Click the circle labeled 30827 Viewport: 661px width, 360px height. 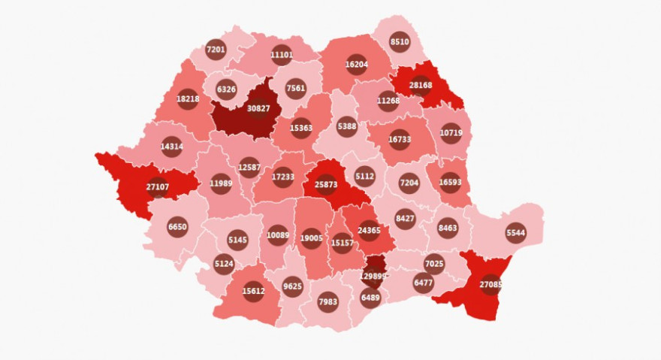[x=258, y=109]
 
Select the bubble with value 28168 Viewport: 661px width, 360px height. [x=421, y=86]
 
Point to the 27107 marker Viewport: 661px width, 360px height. [x=158, y=186]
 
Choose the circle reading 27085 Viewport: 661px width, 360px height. [x=490, y=285]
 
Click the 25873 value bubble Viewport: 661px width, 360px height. [x=326, y=184]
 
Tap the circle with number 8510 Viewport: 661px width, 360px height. [x=400, y=42]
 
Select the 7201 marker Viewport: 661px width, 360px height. [x=216, y=50]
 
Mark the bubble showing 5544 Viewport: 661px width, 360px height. [x=515, y=233]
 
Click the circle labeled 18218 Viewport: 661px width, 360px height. [x=188, y=98]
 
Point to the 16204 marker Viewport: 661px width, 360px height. [x=356, y=65]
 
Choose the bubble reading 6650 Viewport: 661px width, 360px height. [x=178, y=226]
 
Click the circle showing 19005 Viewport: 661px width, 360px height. [x=311, y=237]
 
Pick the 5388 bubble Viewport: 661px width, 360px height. [x=347, y=126]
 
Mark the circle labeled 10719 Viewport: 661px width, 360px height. [x=451, y=132]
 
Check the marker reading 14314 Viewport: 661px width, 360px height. [x=172, y=147]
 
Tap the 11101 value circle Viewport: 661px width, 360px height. [x=282, y=54]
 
